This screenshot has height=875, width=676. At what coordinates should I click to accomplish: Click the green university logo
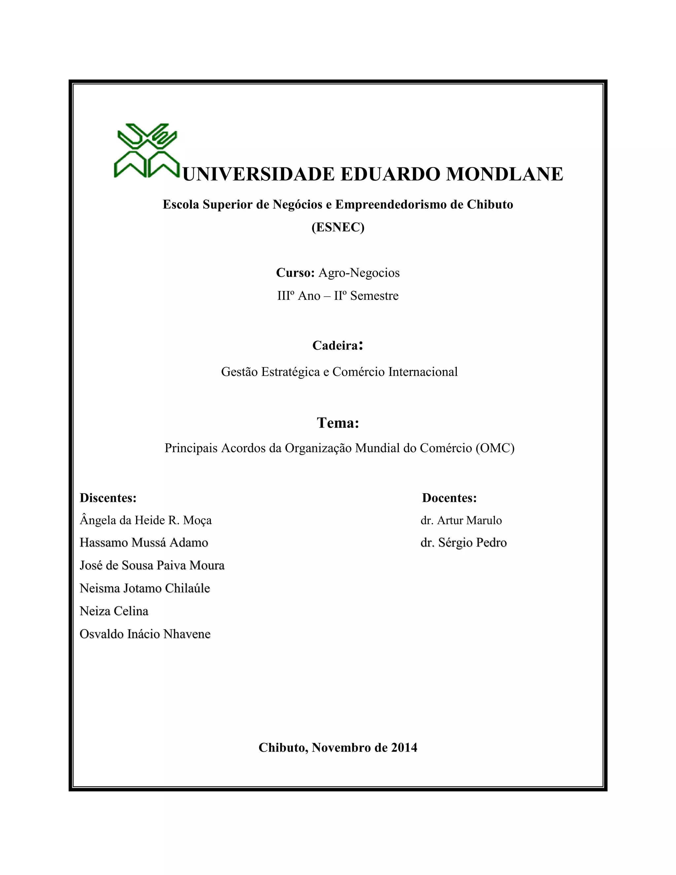click(x=147, y=150)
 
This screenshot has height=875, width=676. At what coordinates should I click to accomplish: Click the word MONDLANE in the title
click(x=504, y=174)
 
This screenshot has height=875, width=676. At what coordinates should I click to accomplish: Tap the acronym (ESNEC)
click(x=338, y=227)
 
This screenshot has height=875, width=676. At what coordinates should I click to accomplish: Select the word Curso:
click(x=295, y=273)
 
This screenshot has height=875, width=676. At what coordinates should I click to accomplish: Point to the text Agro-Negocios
click(x=359, y=273)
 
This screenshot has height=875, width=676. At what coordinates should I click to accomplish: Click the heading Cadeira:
click(x=338, y=345)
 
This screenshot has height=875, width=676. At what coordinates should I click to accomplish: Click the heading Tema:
click(x=338, y=423)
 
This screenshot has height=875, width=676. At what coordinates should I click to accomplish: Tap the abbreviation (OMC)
click(x=495, y=448)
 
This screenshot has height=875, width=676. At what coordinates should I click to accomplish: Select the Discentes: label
click(x=108, y=498)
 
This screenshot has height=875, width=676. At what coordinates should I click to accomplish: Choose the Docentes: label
click(x=449, y=498)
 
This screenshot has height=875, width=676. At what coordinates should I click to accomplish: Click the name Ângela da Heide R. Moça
click(x=146, y=520)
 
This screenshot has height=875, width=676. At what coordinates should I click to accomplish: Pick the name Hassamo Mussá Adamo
click(x=144, y=542)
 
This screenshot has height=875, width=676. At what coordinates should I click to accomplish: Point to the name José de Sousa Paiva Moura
click(x=152, y=565)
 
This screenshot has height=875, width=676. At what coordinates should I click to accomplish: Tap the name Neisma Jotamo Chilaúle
click(x=145, y=588)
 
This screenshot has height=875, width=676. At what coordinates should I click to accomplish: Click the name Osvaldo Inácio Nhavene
click(x=145, y=634)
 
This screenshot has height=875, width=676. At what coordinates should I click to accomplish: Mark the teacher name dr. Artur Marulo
click(x=461, y=520)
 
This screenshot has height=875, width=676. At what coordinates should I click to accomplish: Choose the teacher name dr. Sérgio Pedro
click(x=464, y=542)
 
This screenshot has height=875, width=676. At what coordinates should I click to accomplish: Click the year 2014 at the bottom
click(x=404, y=748)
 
